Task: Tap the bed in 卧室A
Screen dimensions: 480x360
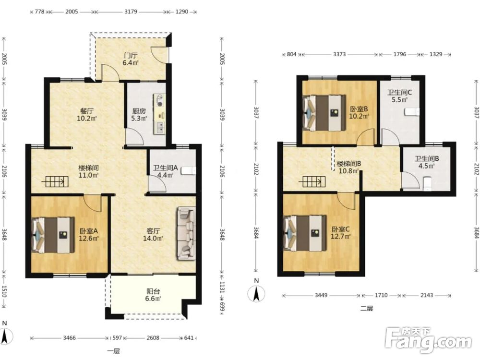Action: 54,235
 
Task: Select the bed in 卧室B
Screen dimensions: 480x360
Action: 324,113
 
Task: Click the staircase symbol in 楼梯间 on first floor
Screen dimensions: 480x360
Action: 57,182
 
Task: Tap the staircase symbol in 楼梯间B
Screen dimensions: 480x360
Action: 314,181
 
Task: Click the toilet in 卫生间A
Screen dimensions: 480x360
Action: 188,171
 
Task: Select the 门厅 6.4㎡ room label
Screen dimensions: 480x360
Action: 131,60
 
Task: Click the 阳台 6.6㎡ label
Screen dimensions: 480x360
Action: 153,295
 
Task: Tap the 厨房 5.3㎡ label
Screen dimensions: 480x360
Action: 139,115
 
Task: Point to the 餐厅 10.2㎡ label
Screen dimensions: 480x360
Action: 87,115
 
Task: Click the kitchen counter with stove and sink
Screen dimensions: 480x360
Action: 159,114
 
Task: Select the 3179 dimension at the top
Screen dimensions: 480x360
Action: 131,12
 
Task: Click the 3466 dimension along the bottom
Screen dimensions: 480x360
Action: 70,338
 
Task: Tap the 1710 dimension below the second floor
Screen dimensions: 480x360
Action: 381,295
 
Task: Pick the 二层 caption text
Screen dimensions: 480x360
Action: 366,309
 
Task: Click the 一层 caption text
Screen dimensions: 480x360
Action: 114,351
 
